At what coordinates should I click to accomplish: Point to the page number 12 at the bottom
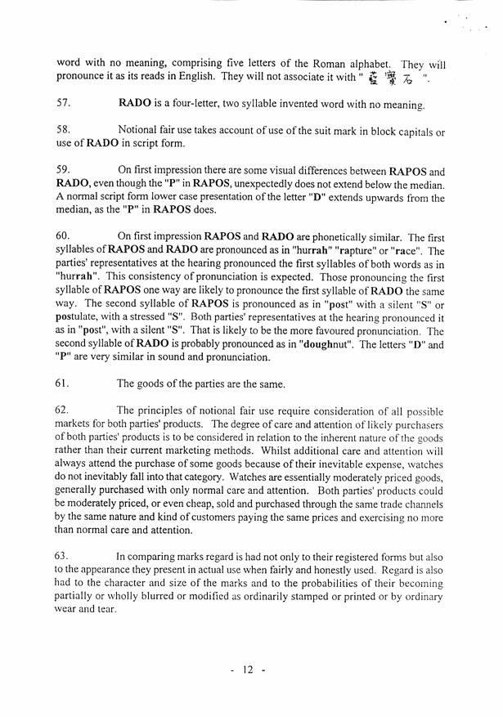pyautogui.click(x=248, y=670)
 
